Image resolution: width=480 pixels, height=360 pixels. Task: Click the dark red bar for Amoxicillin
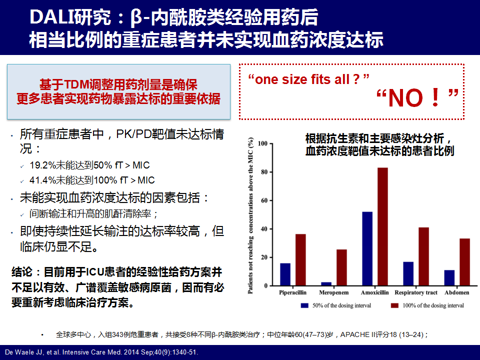(382, 226)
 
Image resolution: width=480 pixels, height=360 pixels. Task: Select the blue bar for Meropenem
(326, 284)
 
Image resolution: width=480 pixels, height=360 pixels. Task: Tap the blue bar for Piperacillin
(285, 274)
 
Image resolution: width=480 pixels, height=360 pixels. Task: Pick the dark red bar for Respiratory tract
(423, 256)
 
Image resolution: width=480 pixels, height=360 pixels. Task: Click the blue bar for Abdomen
(449, 278)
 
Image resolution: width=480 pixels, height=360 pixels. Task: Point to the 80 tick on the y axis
(264, 172)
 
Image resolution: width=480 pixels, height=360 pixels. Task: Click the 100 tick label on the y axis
(262, 143)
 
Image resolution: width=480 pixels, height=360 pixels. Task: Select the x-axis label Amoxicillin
(374, 292)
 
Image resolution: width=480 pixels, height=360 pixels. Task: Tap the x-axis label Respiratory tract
(416, 292)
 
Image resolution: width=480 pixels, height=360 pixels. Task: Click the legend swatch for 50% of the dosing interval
(304, 305)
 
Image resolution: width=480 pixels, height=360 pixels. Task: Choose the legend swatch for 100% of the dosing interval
(394, 305)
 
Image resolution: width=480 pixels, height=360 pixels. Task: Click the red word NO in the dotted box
(405, 98)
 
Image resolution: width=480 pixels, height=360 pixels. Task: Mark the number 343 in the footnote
(118, 334)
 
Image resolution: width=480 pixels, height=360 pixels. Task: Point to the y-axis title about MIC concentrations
(250, 216)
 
